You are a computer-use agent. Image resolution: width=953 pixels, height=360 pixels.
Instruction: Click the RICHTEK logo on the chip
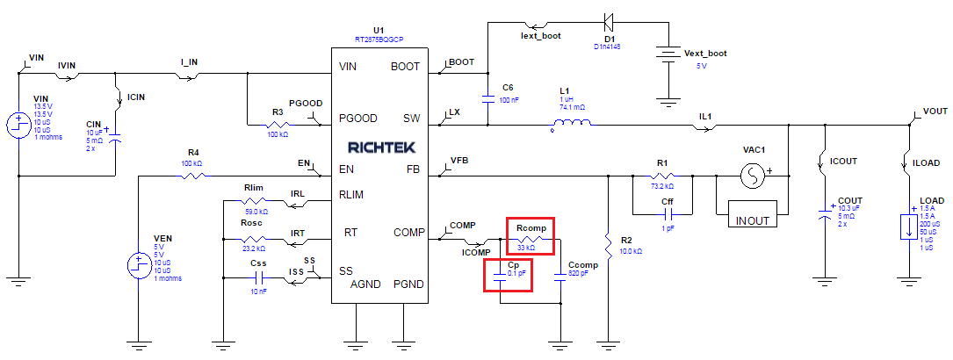381,147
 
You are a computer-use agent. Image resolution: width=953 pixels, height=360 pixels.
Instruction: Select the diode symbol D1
607,19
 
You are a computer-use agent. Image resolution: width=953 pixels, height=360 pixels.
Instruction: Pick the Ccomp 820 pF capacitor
560,280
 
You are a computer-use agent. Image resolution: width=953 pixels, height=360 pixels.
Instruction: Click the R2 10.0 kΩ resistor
608,240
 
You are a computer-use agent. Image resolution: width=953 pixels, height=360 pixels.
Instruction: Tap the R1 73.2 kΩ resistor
663,176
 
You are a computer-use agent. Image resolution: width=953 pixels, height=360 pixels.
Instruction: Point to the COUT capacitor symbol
824,213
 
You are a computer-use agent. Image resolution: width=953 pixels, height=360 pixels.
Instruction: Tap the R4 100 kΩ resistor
194,176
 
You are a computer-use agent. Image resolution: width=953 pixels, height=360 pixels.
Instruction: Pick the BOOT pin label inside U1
405,66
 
